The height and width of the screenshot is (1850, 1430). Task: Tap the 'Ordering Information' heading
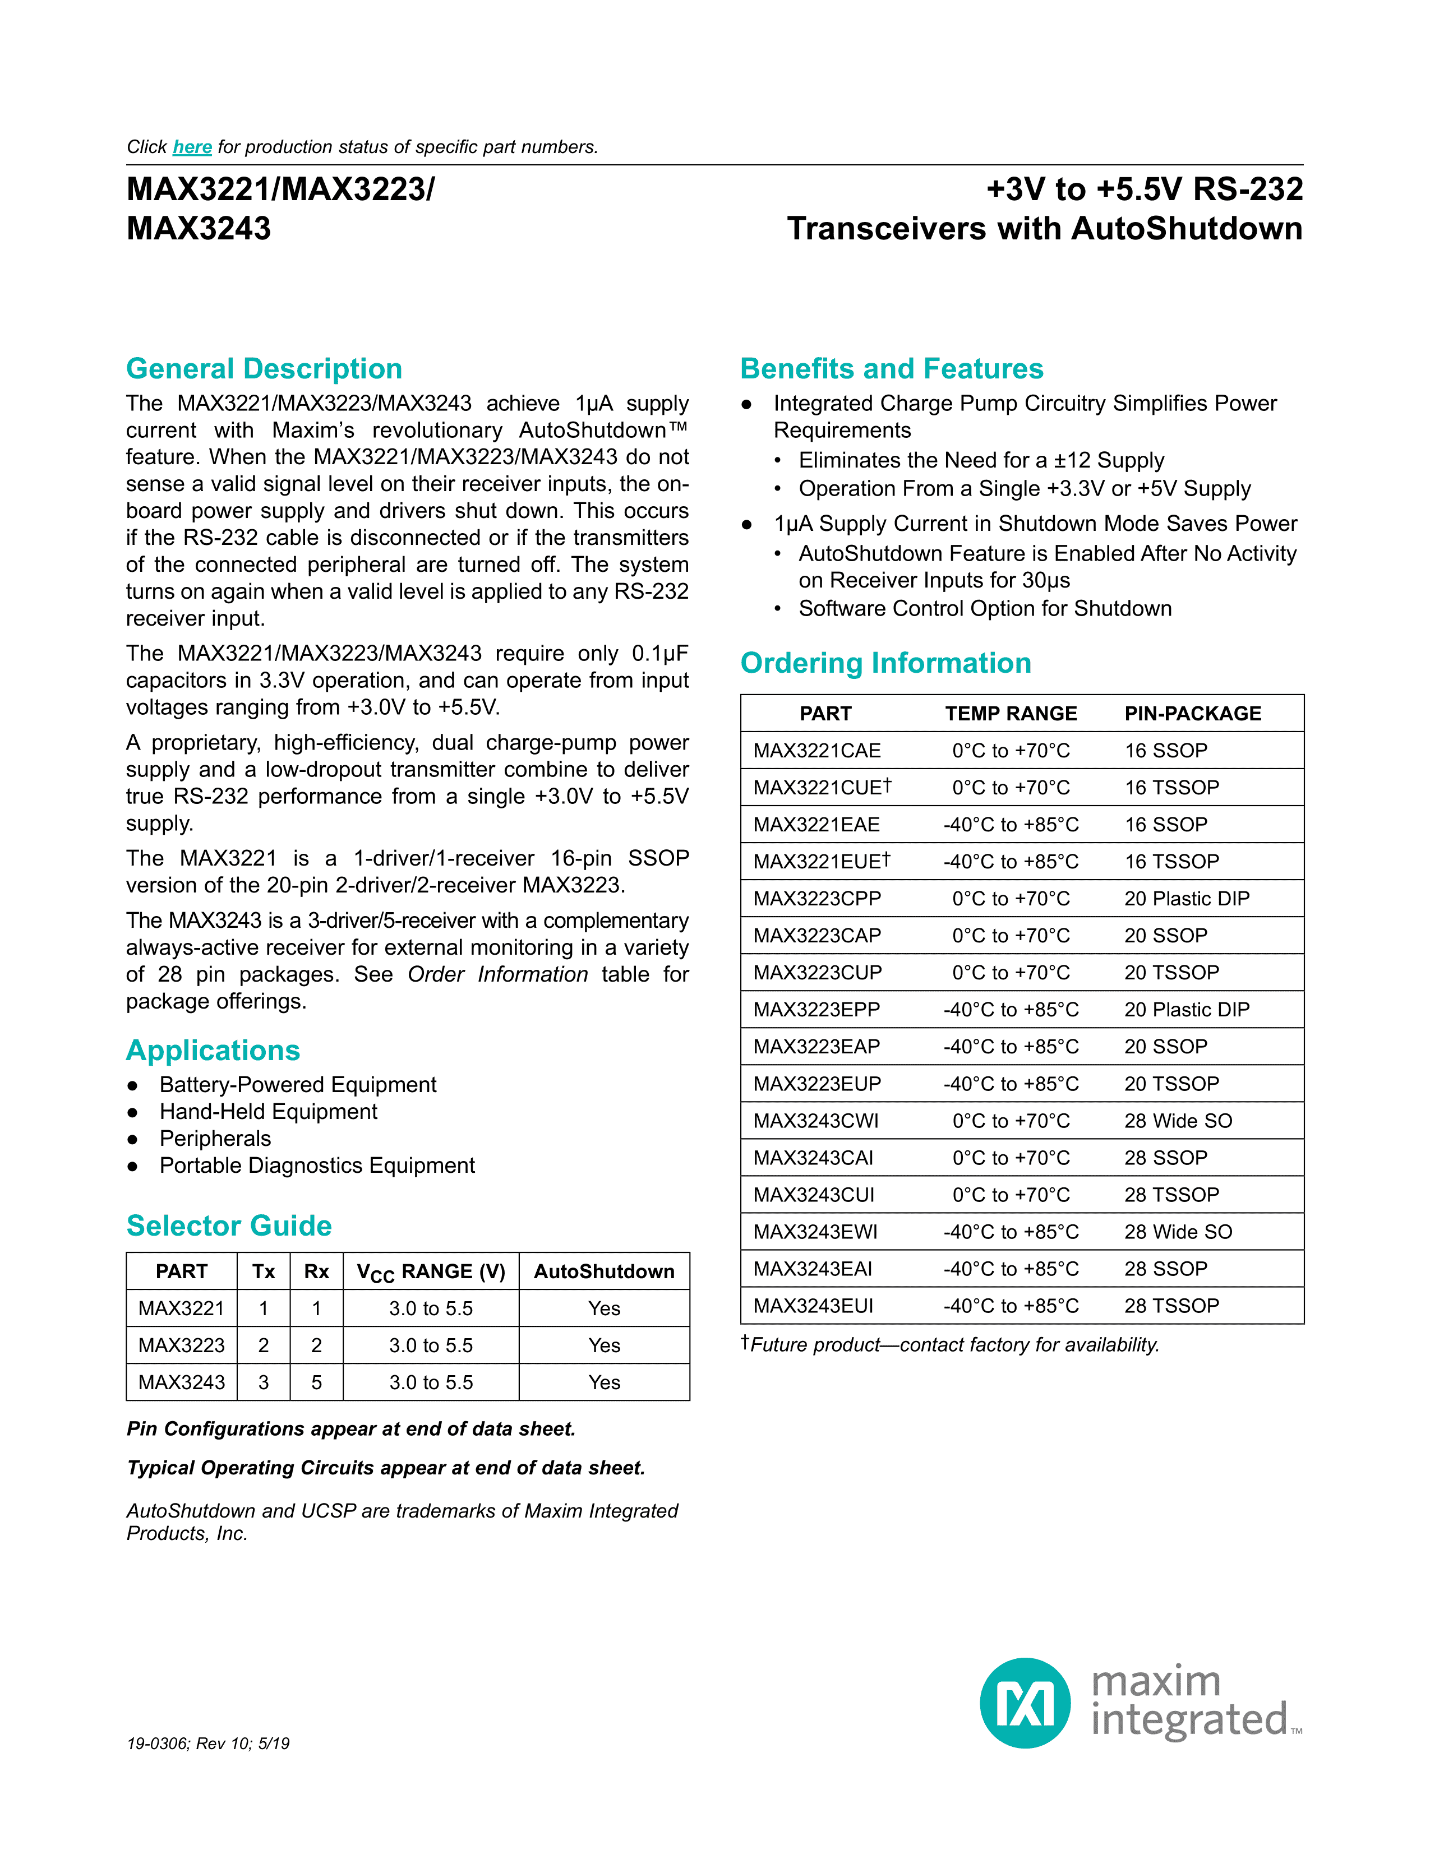click(x=885, y=663)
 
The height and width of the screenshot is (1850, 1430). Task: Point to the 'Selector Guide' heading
click(x=229, y=1225)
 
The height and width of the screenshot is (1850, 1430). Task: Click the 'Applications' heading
click(x=213, y=1051)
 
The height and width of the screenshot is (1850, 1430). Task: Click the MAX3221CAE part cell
click(x=817, y=751)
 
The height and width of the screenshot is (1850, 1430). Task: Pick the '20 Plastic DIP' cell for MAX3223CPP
click(x=1186, y=899)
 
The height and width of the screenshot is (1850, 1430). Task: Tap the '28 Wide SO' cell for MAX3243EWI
click(x=1178, y=1232)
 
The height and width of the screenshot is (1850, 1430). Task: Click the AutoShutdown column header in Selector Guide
click(x=604, y=1271)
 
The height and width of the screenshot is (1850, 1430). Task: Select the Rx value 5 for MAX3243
click(x=316, y=1382)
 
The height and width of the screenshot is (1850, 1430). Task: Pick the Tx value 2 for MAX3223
click(x=264, y=1345)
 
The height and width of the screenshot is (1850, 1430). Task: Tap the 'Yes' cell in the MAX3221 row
click(x=604, y=1308)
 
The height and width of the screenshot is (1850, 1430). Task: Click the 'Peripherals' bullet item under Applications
click(x=215, y=1139)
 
